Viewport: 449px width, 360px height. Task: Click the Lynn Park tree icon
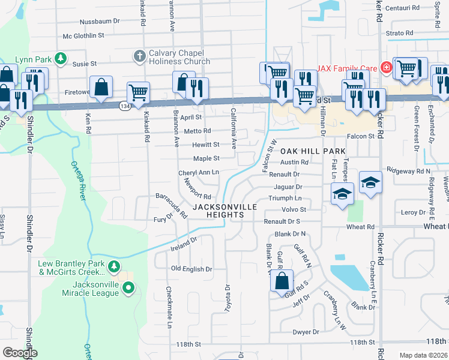(x=60, y=58)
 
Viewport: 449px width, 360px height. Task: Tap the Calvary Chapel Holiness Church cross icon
(x=139, y=57)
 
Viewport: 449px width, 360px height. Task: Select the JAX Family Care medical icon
(x=386, y=66)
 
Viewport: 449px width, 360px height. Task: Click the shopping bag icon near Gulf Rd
(x=281, y=281)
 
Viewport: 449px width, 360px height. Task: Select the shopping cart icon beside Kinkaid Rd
(x=139, y=92)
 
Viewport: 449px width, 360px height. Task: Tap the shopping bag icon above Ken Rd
(x=101, y=87)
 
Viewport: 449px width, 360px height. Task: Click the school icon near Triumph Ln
(x=342, y=193)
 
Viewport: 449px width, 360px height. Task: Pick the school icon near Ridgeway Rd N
(x=370, y=181)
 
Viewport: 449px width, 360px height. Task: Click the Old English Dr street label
(x=191, y=269)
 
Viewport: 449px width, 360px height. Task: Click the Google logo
(x=20, y=353)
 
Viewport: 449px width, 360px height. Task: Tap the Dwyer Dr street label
(x=306, y=332)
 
